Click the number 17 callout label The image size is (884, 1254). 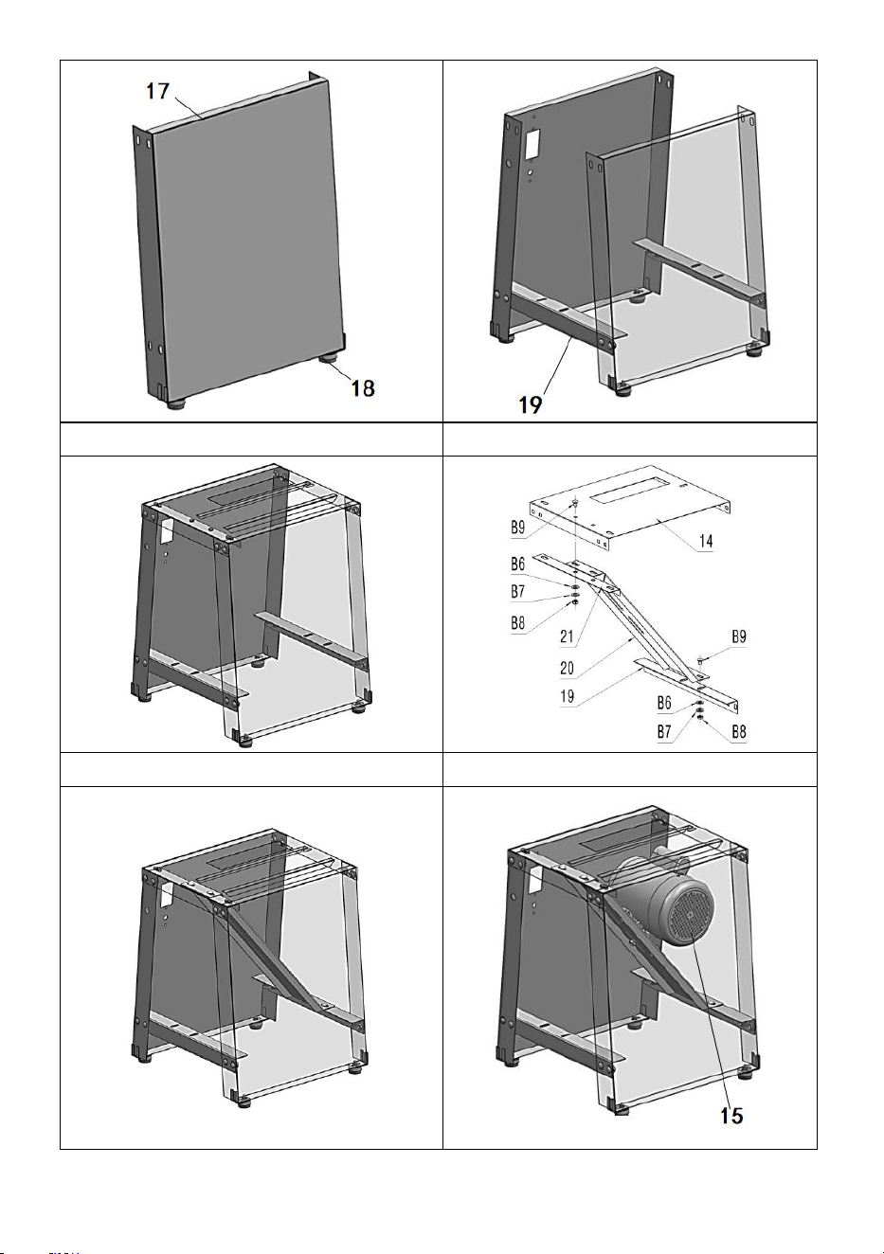click(x=157, y=91)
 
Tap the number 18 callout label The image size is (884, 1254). click(x=363, y=388)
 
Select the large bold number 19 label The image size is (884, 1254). click(x=531, y=404)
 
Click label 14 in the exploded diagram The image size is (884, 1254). click(x=706, y=542)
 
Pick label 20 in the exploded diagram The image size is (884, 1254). click(x=567, y=668)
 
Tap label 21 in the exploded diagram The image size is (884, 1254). click(x=567, y=636)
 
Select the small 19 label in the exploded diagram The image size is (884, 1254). click(x=567, y=696)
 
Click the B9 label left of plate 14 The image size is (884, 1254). click(x=518, y=527)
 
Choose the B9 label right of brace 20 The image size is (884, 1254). click(x=739, y=636)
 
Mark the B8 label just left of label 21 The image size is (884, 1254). click(x=518, y=623)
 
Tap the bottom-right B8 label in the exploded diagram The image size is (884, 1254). click(x=739, y=731)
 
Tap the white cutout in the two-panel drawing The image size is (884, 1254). click(x=532, y=143)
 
